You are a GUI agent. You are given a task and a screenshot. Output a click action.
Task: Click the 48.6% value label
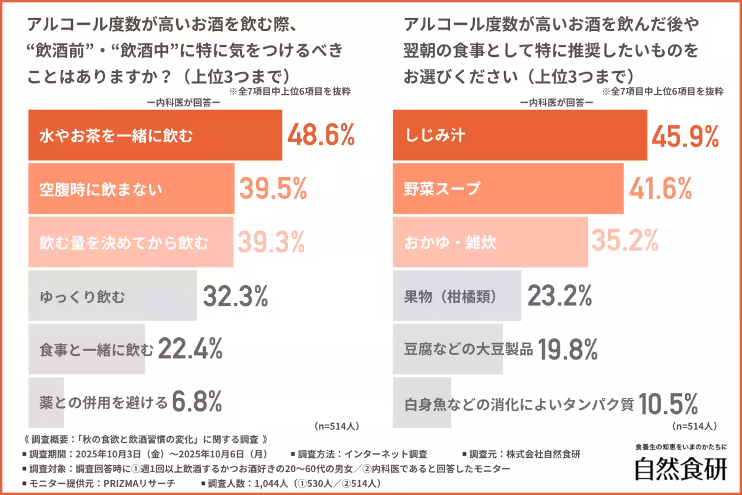pos(320,135)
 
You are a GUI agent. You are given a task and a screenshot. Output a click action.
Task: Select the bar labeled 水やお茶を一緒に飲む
pos(155,135)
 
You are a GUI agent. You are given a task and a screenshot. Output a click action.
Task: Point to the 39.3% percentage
pos(272,242)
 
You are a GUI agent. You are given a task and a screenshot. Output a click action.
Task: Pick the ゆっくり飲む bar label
pos(82,297)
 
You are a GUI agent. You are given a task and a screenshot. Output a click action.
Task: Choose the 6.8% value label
pos(197,403)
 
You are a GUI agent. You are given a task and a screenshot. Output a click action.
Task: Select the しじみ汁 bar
pos(520,135)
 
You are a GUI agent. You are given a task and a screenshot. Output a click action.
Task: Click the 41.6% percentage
pos(660,189)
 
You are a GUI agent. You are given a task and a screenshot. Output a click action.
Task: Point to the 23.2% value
pos(560,297)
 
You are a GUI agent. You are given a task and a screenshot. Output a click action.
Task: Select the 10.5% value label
pos(668,404)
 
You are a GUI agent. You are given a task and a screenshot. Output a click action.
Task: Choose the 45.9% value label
pos(685,135)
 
